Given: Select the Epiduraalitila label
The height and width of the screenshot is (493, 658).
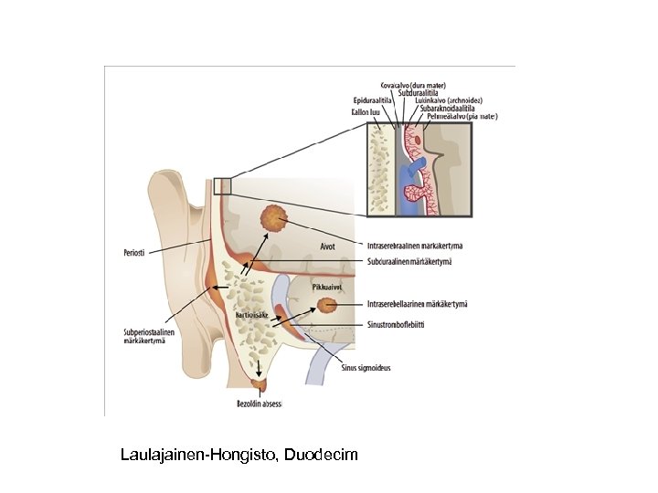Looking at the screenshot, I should (372, 100).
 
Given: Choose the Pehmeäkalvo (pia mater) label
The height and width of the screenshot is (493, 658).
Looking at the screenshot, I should (462, 117).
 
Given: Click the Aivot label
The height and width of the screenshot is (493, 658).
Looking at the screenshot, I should (328, 245).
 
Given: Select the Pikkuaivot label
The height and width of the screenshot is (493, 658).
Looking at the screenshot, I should (327, 287).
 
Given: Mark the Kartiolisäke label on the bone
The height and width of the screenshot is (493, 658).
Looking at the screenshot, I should (250, 314).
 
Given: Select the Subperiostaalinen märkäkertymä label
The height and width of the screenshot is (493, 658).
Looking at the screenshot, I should (149, 338).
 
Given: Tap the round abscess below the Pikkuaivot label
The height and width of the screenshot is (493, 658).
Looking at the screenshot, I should (325, 307).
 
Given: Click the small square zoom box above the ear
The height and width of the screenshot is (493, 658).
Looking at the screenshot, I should (222, 185).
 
